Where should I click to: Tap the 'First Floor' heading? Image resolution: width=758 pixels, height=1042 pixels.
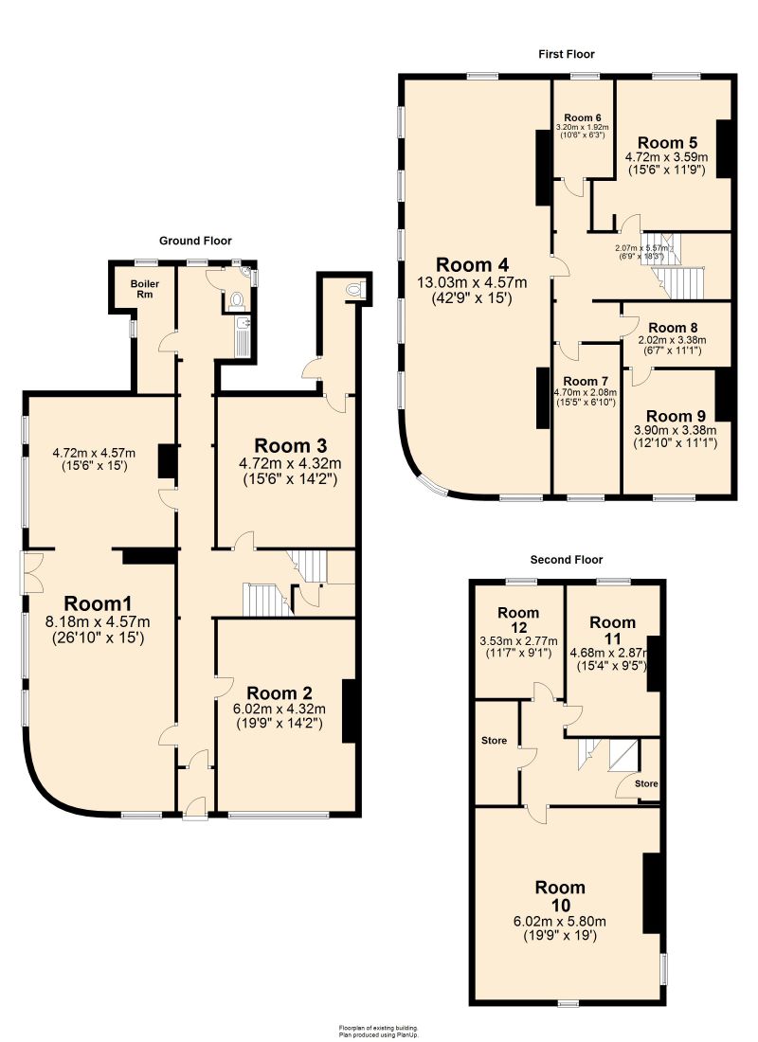coord(567,54)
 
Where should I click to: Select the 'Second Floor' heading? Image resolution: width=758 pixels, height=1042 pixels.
coord(566,560)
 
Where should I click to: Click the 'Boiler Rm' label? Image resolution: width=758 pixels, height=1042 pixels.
coord(131,288)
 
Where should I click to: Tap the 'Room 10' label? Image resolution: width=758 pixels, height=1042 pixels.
coord(560,896)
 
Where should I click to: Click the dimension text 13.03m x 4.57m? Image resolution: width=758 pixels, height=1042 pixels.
coord(473,282)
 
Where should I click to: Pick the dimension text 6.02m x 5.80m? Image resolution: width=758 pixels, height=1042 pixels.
coord(560,921)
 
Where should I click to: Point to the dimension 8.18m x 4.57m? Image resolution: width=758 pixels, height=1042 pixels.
coord(98,621)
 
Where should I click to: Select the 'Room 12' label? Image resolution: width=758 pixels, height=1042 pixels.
coord(517,620)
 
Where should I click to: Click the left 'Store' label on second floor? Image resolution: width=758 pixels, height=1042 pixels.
coord(494,740)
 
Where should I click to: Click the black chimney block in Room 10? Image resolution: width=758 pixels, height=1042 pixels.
coord(652,893)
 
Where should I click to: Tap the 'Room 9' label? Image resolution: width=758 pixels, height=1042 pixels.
coord(676,416)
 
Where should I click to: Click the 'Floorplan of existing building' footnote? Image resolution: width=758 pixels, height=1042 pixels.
coord(378,1028)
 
